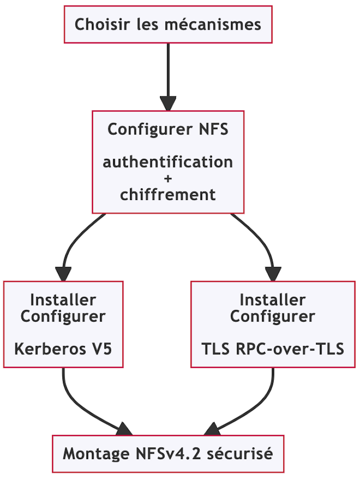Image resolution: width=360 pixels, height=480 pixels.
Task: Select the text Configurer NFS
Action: [168, 129]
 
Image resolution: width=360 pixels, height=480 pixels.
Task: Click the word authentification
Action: [168, 162]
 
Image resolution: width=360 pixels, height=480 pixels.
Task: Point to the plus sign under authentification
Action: [168, 178]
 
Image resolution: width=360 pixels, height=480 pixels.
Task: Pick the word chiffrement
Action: [168, 194]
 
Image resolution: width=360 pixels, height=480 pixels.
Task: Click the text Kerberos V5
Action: [63, 348]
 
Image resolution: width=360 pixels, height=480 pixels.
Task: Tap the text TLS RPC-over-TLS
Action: [273, 348]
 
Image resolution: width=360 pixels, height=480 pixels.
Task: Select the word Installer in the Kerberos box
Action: [63, 300]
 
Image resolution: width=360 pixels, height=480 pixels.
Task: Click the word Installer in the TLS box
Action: [273, 300]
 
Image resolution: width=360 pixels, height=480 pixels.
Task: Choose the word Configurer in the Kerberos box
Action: [63, 316]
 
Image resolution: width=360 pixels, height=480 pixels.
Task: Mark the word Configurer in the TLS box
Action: [273, 316]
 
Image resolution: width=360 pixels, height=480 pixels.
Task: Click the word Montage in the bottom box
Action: [95, 454]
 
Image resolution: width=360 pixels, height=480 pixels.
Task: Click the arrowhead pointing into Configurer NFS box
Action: [168, 104]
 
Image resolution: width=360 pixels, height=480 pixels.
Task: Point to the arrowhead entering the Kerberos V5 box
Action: [63, 274]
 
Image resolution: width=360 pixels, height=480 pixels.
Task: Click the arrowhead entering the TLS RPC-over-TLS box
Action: [273, 274]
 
